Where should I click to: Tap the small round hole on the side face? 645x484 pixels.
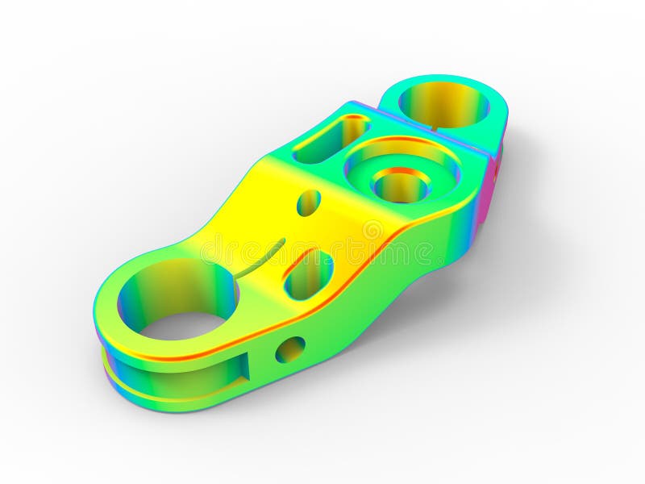click(x=289, y=349)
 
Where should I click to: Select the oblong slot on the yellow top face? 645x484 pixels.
click(x=309, y=274)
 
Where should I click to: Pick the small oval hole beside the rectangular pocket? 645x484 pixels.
click(x=308, y=202)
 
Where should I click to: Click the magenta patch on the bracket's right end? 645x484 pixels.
click(x=489, y=194)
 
